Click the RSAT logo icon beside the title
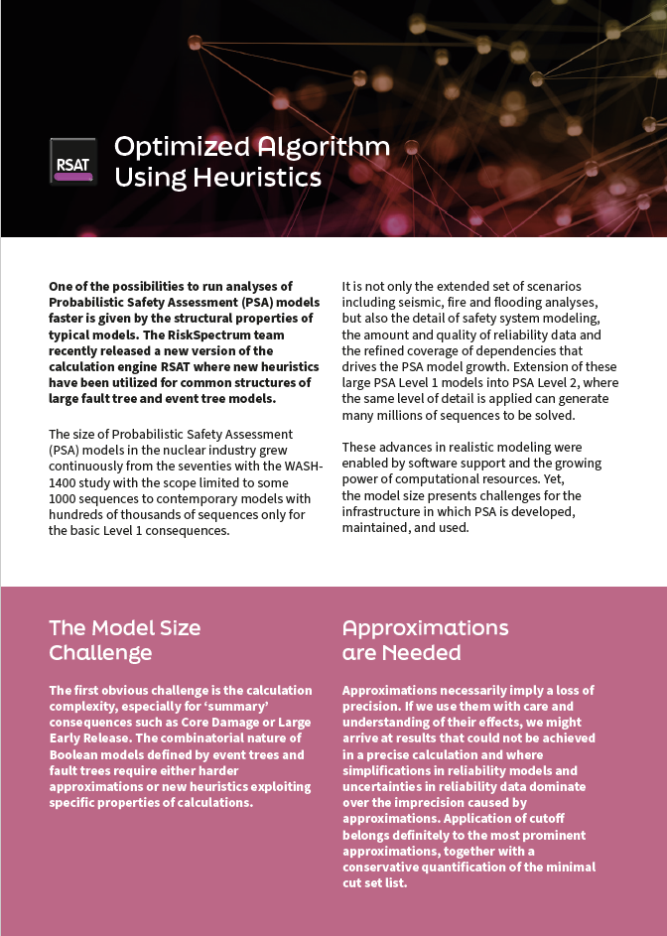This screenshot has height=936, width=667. [x=73, y=162]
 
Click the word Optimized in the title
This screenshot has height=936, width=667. [x=182, y=147]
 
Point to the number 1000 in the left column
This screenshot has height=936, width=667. [x=66, y=498]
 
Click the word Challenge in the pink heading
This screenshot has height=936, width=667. [x=101, y=653]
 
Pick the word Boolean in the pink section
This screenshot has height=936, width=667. [x=73, y=753]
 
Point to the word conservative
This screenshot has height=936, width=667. [x=389, y=867]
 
